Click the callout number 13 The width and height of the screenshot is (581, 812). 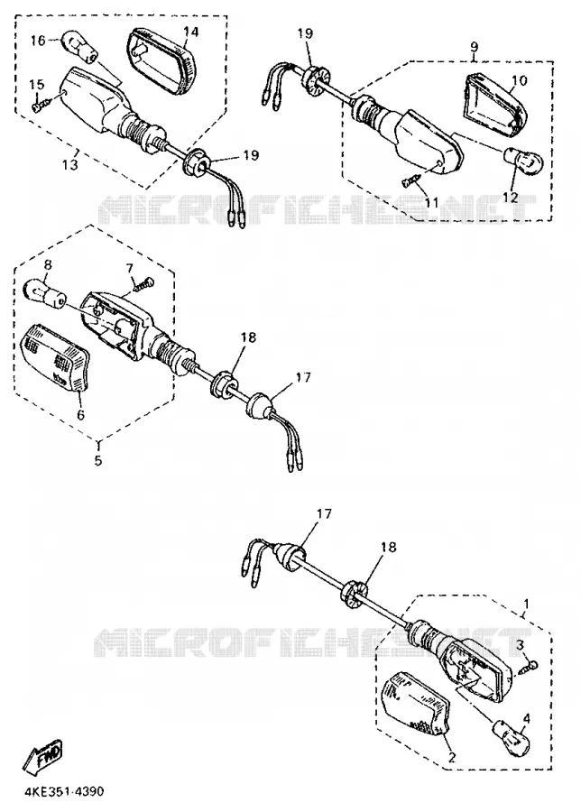70,165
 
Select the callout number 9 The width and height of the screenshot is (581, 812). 475,47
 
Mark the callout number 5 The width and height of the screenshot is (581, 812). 98,460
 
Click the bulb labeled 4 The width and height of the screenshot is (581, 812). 512,736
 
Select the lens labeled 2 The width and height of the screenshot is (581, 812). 416,706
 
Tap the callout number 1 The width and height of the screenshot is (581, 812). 527,604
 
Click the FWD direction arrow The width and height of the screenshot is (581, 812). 43,756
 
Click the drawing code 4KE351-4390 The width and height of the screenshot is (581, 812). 63,792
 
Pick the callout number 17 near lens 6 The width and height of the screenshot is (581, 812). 303,377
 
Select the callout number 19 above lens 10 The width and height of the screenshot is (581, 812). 305,33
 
